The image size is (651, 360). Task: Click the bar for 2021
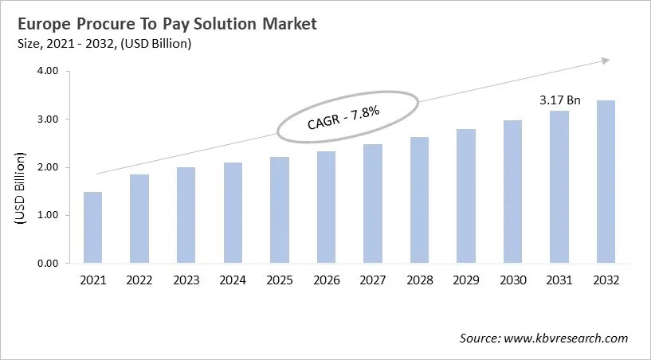pos(92,228)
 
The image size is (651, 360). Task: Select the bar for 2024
pos(232,213)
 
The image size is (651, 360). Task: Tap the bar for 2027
pos(372,203)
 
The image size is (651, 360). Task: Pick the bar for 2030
pos(512,191)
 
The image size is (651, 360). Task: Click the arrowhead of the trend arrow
pos(605,60)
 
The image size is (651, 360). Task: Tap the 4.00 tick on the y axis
pos(48,71)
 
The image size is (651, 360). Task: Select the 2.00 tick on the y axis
pos(48,167)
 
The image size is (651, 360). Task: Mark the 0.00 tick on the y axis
pos(48,264)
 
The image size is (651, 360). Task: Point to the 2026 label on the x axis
pos(325,280)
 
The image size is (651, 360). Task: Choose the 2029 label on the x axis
pos(465,280)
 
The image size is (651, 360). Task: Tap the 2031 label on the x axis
pos(559,280)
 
